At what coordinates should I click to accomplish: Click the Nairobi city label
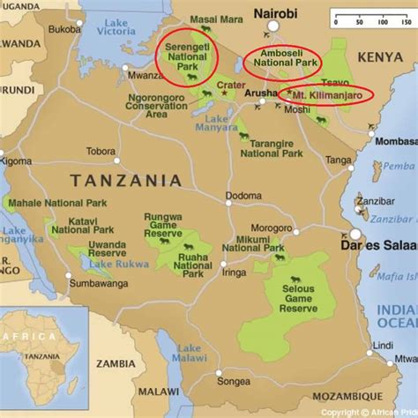click(276, 13)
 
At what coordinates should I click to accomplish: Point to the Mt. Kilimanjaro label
click(327, 94)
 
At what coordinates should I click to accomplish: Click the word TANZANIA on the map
click(126, 180)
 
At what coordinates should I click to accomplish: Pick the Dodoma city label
click(243, 195)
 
